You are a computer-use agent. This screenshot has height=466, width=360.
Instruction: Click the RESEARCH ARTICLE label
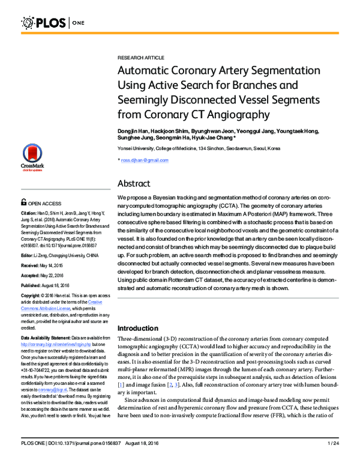(x=137, y=54)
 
